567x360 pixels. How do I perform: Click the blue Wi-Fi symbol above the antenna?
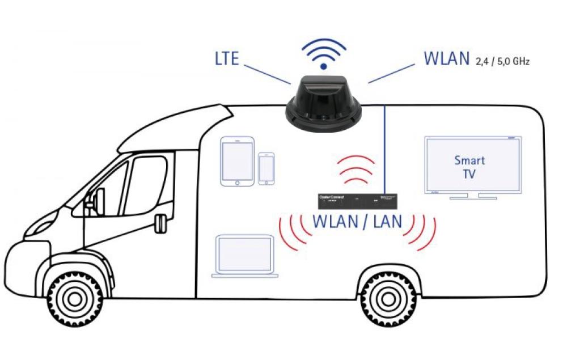pos(323,54)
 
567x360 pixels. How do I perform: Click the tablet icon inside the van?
pos(237,161)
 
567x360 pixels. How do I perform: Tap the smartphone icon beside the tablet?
pos(266,168)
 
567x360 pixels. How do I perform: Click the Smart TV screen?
pos(472,166)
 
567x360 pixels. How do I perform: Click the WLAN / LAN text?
pos(357,222)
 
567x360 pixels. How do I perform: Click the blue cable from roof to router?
pos(386,147)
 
